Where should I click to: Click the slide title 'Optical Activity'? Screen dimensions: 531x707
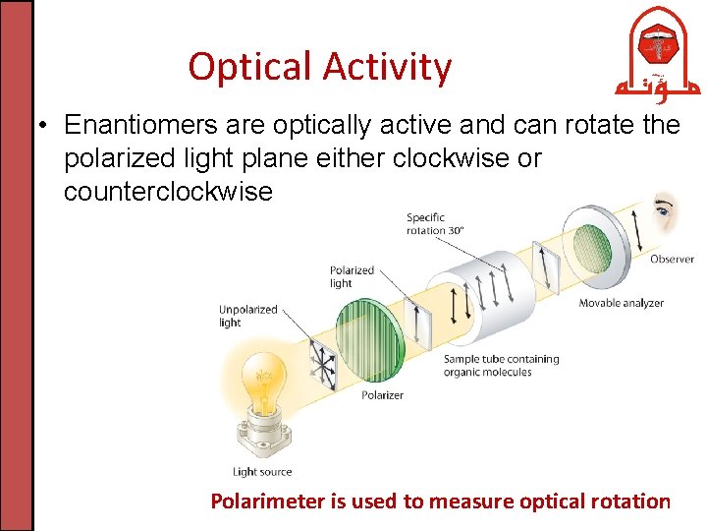click(x=320, y=67)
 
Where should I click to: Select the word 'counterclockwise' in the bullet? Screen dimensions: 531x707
click(x=168, y=191)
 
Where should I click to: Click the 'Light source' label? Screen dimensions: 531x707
click(x=262, y=472)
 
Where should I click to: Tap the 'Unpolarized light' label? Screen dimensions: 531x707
click(x=247, y=316)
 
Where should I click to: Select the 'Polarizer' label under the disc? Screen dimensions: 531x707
click(x=382, y=395)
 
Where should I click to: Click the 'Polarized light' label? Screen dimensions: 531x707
click(x=352, y=276)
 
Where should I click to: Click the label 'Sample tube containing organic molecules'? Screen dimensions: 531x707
click(x=501, y=366)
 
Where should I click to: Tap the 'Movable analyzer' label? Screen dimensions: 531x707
click(x=621, y=303)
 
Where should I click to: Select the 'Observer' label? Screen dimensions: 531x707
click(x=672, y=260)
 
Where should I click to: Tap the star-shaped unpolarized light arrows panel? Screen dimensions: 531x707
click(x=320, y=361)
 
